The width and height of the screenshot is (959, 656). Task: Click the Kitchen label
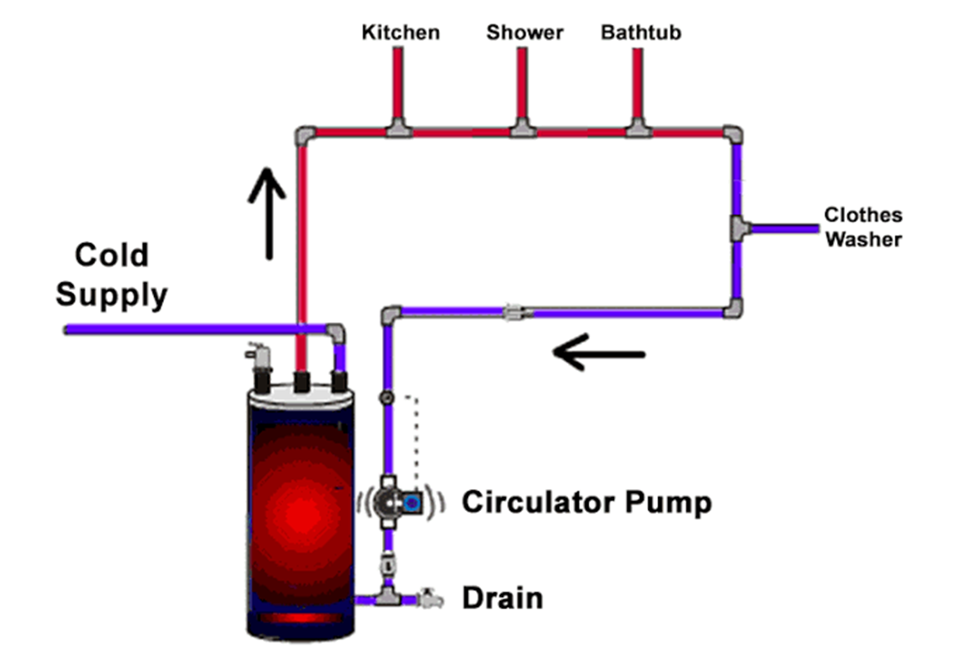401,33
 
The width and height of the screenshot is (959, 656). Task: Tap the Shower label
525,33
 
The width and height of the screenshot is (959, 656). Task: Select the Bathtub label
641,33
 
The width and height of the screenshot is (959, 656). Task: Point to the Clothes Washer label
863,227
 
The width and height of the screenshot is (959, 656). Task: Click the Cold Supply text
111,275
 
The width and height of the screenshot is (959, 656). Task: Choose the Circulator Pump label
586,502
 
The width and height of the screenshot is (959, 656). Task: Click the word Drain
502,598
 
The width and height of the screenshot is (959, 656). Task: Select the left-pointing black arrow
599,354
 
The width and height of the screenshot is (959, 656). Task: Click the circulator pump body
400,500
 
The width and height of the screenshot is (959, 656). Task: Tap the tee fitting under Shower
523,128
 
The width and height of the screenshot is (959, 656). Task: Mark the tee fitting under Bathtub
639,128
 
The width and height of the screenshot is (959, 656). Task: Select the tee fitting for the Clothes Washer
738,227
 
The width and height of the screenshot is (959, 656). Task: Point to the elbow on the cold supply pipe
336,331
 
